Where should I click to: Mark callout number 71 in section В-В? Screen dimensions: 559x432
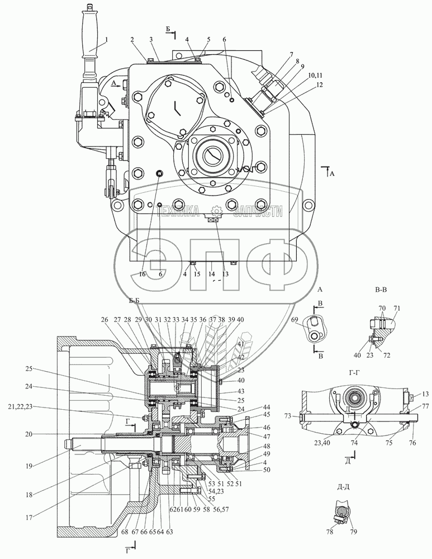click(397, 308)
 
